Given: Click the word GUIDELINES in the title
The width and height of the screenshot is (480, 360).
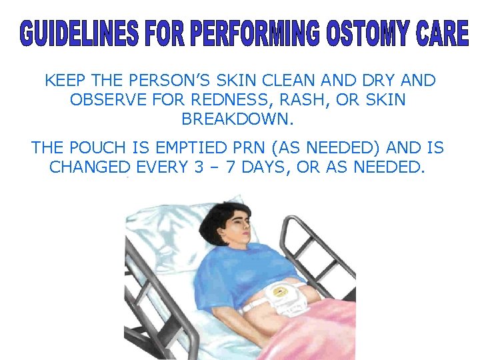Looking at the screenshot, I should [x=80, y=34].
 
